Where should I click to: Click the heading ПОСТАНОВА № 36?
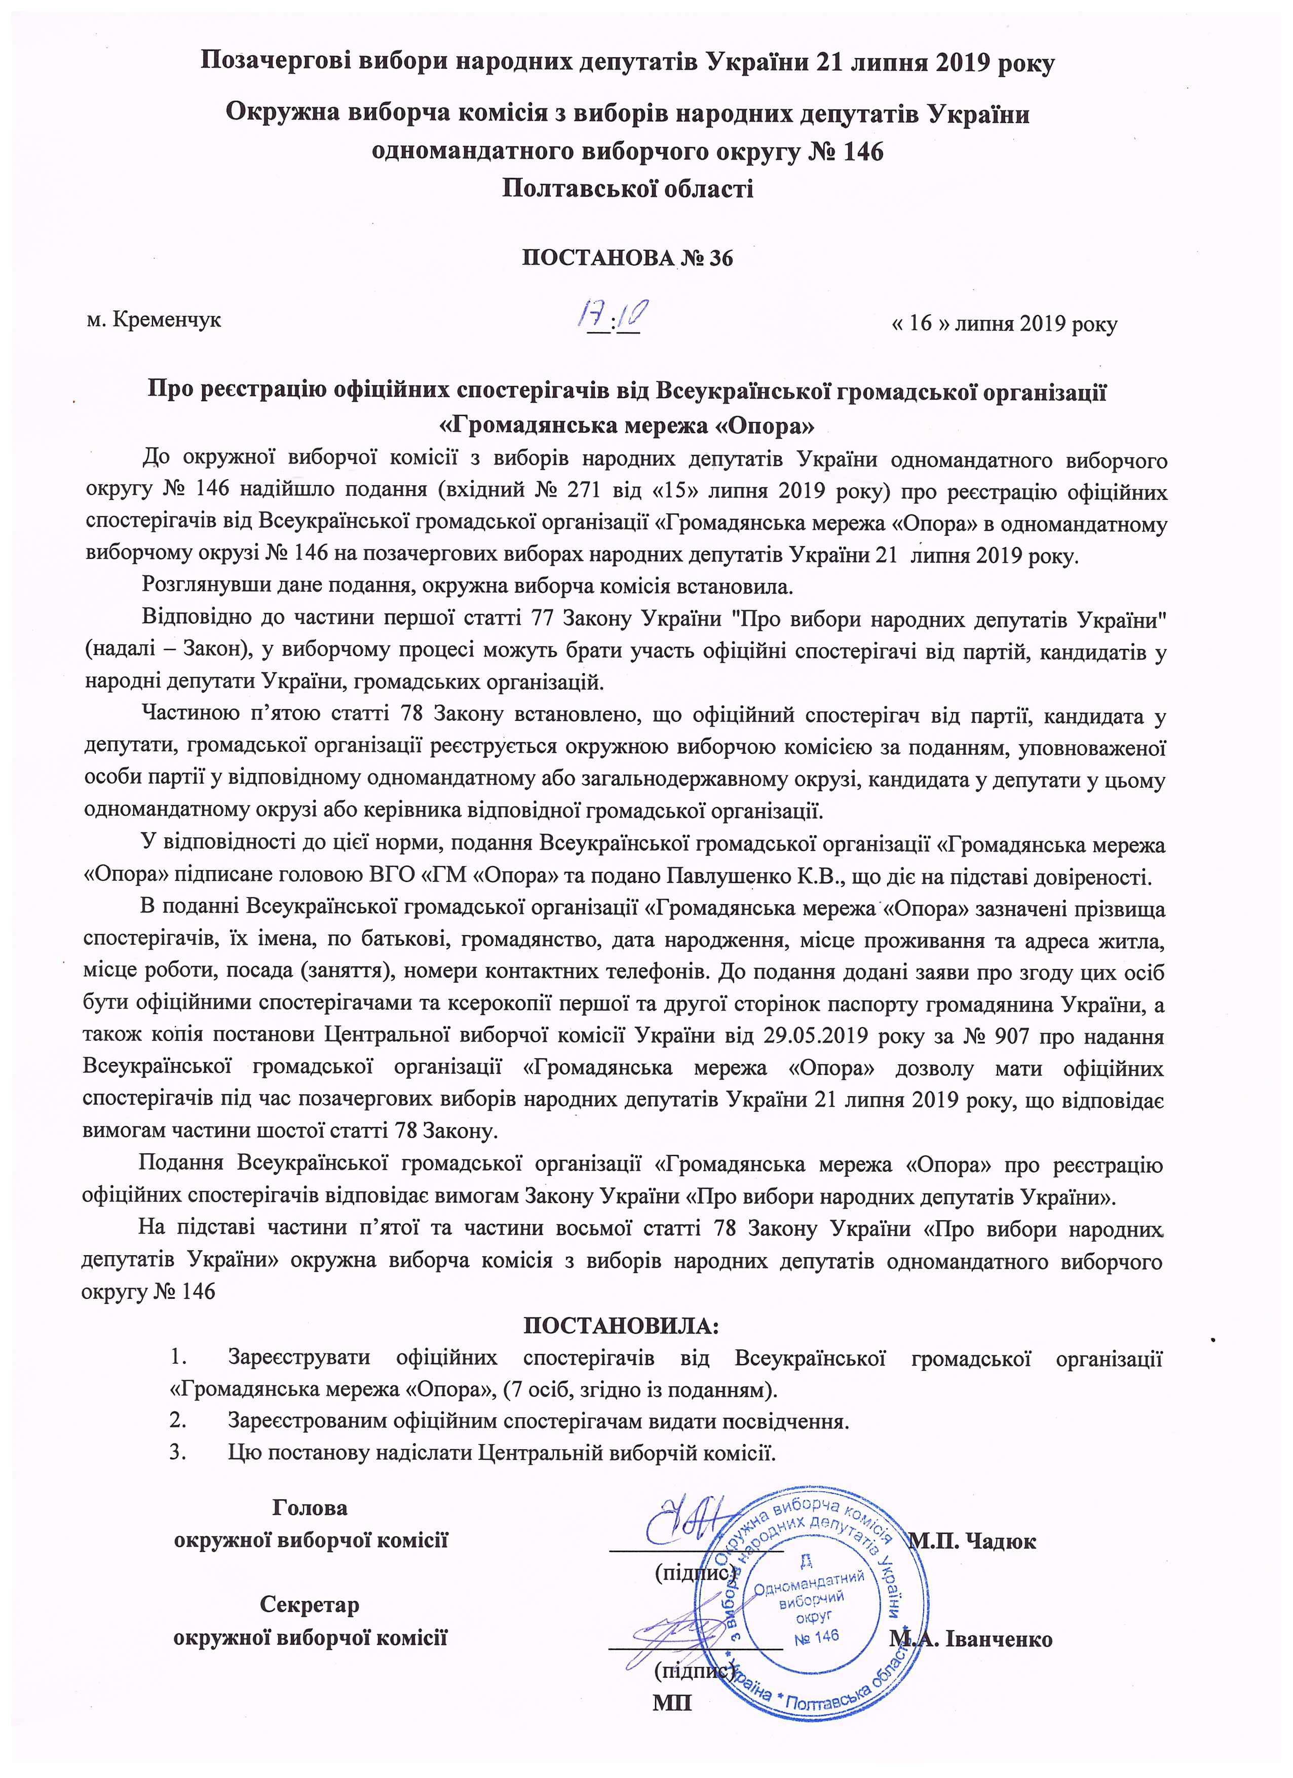point(627,258)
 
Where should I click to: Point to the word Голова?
point(310,1508)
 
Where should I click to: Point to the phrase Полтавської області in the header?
point(627,188)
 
